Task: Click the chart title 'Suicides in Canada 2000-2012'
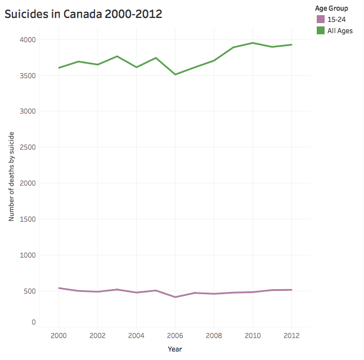point(83,14)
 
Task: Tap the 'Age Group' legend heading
point(331,8)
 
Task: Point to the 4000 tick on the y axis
point(29,40)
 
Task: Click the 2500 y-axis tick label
point(29,147)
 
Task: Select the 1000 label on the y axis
point(29,255)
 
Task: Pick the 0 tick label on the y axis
point(34,322)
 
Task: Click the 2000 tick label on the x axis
point(59,335)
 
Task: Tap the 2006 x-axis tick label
point(175,335)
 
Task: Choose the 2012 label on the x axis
point(291,335)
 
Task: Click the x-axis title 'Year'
point(175,349)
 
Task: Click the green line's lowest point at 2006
point(175,74)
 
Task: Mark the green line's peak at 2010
point(253,43)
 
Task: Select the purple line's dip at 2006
point(175,297)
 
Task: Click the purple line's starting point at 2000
point(59,288)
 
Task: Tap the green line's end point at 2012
point(291,44)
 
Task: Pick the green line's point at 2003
point(117,56)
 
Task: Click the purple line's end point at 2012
point(291,290)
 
